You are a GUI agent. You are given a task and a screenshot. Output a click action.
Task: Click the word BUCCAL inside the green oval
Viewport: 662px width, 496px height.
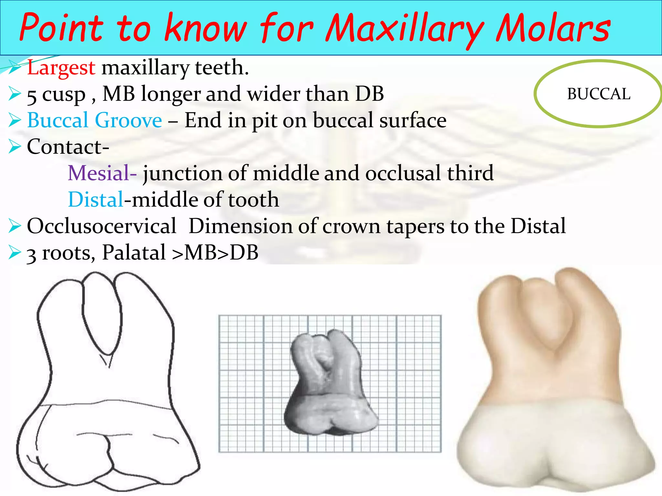599,94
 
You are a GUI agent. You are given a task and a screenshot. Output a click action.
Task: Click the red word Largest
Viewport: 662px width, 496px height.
61,68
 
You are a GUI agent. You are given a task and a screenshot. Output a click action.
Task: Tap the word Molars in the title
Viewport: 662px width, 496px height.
553,28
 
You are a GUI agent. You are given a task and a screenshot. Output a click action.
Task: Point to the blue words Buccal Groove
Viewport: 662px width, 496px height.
94,120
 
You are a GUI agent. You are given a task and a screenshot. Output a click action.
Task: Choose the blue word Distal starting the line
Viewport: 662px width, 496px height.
96,200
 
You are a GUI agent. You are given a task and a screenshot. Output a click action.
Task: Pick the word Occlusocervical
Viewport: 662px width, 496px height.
101,226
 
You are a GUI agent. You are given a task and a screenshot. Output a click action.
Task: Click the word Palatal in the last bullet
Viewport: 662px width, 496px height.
134,253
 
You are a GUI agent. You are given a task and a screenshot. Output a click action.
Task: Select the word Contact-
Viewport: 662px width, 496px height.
68,147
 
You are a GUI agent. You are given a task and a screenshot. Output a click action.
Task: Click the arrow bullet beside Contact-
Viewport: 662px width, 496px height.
15,147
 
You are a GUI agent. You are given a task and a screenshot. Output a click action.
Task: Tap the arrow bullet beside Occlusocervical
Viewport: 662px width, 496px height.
15,226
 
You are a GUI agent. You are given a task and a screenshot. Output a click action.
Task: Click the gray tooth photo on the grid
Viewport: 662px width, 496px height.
330,384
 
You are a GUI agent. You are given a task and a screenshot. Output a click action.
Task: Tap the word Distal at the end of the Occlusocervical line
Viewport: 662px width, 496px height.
538,226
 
